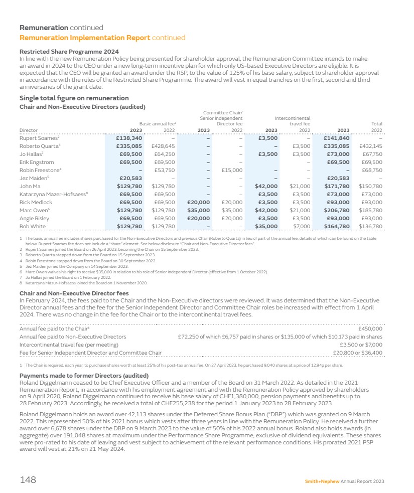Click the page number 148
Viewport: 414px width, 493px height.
(28, 480)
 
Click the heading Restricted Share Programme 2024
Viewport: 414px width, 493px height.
(69, 52)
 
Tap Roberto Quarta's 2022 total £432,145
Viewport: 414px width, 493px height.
(370, 146)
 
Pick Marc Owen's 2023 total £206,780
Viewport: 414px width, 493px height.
(336, 210)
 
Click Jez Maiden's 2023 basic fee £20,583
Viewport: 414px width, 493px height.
(129, 178)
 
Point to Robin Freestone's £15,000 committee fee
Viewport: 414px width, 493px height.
(232, 170)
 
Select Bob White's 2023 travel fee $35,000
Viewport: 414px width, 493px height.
(266, 226)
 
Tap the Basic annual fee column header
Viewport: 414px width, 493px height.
(157, 122)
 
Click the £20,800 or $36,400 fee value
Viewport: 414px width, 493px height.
(357, 353)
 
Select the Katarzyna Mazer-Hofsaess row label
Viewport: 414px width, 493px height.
(54, 194)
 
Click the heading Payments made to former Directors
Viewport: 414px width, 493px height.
(84, 376)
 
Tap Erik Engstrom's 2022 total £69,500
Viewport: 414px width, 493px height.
(372, 162)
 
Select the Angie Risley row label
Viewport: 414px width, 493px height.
(34, 218)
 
